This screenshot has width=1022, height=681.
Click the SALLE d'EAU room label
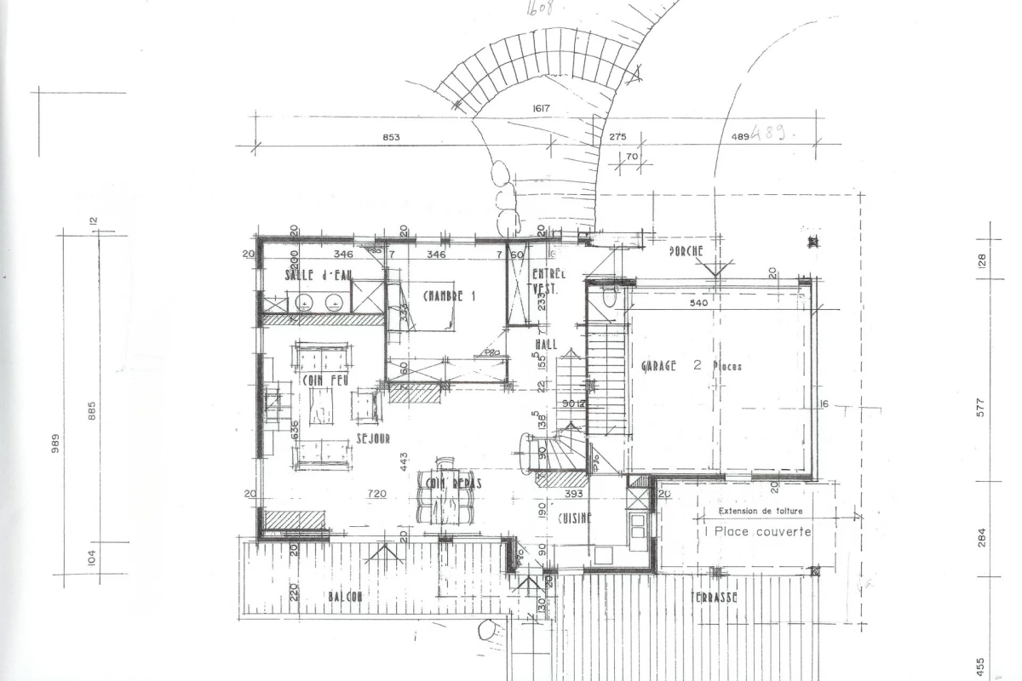click(x=319, y=275)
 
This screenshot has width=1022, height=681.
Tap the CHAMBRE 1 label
click(x=448, y=296)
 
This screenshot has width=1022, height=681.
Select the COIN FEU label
click(x=324, y=379)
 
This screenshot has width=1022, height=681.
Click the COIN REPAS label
click(x=450, y=484)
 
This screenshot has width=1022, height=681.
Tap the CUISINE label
click(x=574, y=518)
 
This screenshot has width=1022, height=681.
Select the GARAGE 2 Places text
click(x=691, y=366)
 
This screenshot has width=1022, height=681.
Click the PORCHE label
click(x=686, y=251)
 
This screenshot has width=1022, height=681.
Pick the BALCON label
click(x=346, y=597)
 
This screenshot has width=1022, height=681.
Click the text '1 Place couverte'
click(x=757, y=531)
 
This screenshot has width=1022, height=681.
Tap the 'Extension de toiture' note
click(x=761, y=512)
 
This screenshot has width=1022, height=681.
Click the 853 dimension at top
click(x=391, y=137)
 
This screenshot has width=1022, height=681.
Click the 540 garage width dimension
click(x=698, y=302)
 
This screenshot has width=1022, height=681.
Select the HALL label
click(x=546, y=344)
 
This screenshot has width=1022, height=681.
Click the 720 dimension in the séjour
click(x=376, y=494)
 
